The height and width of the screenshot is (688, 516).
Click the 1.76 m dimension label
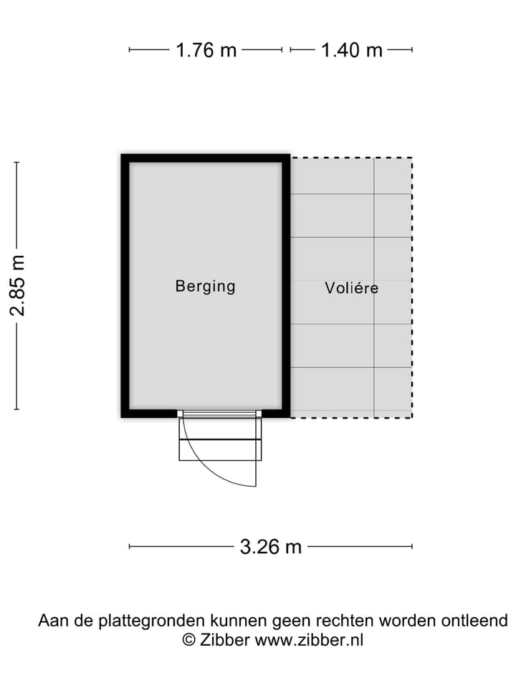(x=206, y=50)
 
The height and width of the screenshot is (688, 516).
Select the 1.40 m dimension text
(x=352, y=50)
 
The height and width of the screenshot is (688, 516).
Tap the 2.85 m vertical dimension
(x=17, y=285)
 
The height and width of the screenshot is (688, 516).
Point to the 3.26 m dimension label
(x=271, y=547)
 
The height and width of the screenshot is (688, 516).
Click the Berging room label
(x=206, y=287)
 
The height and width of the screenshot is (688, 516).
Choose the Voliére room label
(x=351, y=288)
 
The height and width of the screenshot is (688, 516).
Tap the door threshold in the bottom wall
(x=219, y=414)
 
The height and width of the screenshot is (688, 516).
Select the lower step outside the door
(x=220, y=450)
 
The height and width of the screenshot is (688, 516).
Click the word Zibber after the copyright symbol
(x=224, y=640)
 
